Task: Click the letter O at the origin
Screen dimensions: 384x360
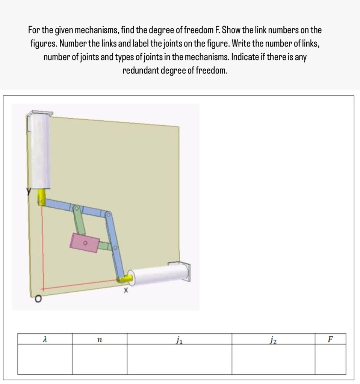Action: coord(38,299)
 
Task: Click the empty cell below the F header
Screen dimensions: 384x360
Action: coord(330,359)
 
